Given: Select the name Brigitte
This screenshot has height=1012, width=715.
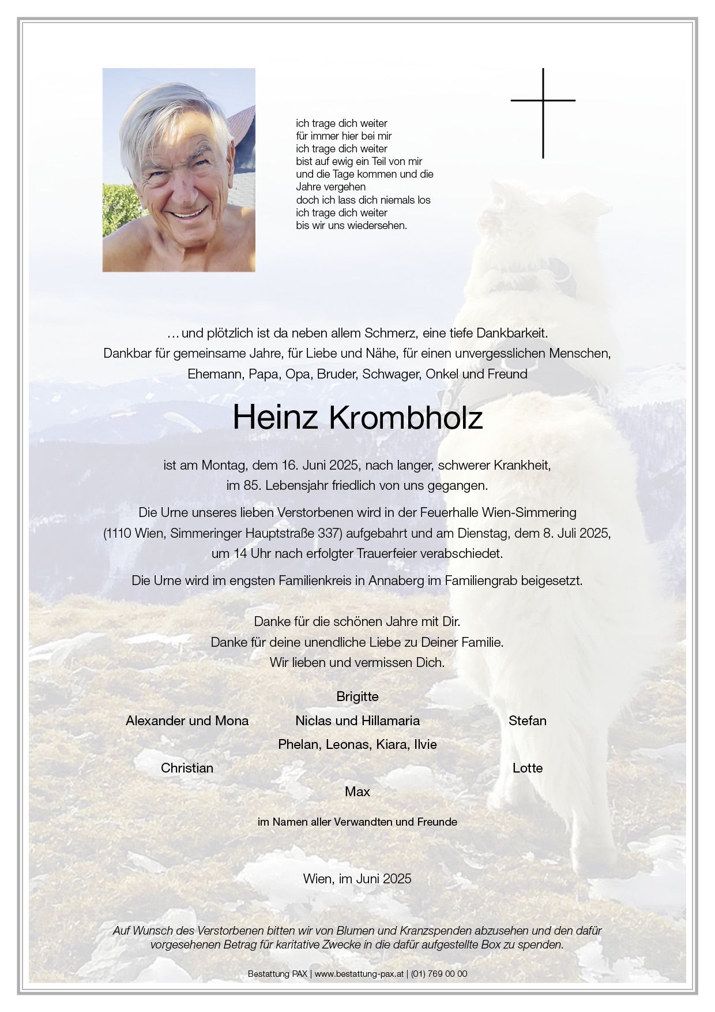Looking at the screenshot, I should pyautogui.click(x=357, y=696).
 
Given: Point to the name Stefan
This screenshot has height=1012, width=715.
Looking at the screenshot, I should pyautogui.click(x=527, y=721).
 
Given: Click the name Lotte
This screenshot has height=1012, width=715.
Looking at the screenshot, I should pyautogui.click(x=527, y=768).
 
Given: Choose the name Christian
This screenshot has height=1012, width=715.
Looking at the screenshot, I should pyautogui.click(x=187, y=768).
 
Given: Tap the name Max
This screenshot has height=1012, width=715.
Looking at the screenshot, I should pyautogui.click(x=357, y=792).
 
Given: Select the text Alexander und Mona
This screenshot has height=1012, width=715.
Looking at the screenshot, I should pyautogui.click(x=187, y=721).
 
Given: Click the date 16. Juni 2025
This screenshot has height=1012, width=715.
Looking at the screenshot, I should pyautogui.click(x=321, y=465).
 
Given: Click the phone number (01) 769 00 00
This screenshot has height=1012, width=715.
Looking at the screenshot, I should pyautogui.click(x=439, y=974).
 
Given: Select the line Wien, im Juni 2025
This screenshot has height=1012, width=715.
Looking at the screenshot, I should pyautogui.click(x=357, y=879).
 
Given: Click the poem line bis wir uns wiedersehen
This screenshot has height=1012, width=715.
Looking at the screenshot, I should pyautogui.click(x=351, y=226).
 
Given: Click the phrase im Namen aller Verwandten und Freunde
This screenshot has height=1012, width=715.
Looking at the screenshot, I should pyautogui.click(x=357, y=822).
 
